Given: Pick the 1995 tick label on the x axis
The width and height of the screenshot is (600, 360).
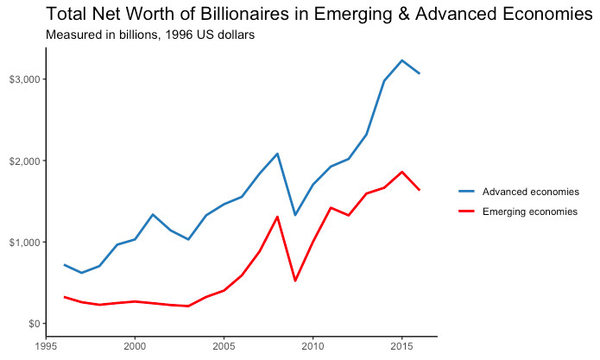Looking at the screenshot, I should click(x=46, y=347).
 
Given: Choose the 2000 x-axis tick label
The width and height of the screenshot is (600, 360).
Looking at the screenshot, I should click(x=135, y=347).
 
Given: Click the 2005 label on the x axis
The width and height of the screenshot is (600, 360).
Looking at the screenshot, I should click(x=224, y=347).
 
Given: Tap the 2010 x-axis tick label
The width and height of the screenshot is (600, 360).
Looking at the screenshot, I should click(x=313, y=347).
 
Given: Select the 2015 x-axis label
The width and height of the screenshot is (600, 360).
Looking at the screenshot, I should click(x=401, y=347).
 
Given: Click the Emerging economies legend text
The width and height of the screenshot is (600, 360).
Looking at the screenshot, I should click(x=529, y=212).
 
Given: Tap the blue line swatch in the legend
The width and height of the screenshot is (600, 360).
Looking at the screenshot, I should click(x=467, y=192).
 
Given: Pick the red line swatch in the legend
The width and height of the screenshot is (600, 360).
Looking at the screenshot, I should click(x=467, y=212).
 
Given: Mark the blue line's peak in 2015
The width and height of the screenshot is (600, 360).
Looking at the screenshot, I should click(x=401, y=60).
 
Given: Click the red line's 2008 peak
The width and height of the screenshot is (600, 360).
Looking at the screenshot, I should click(x=277, y=217).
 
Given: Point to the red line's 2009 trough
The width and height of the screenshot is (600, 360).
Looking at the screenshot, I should click(x=295, y=281).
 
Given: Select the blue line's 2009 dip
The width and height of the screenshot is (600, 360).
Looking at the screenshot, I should click(x=295, y=215).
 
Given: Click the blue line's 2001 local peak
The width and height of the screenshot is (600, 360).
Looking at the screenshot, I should click(x=153, y=214).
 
